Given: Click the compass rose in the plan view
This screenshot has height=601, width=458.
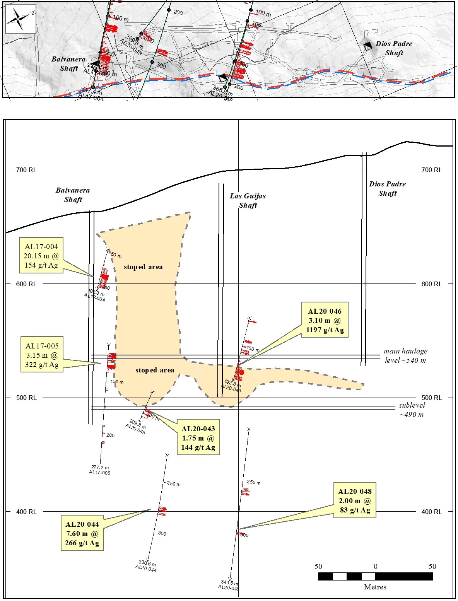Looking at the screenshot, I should click(19, 18).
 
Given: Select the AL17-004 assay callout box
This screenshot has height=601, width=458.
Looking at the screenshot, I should click(41, 256).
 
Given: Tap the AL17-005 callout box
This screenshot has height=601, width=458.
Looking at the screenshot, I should click(42, 355).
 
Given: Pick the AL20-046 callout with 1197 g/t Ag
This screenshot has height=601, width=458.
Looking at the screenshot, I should click(325, 320).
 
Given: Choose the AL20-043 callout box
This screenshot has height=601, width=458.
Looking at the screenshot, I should click(198, 438).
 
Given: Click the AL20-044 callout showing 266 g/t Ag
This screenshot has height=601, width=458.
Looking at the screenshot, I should click(82, 533).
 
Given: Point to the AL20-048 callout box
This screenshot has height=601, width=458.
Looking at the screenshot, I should click(355, 500).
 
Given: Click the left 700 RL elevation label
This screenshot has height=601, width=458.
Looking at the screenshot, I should click(26, 170).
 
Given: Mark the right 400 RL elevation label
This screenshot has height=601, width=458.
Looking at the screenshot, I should click(431, 512).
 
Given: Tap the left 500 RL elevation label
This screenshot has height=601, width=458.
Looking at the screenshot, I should click(26, 398).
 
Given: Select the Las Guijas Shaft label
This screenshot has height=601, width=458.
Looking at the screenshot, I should click(248, 200).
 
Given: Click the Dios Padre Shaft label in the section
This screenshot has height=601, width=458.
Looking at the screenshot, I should click(387, 188).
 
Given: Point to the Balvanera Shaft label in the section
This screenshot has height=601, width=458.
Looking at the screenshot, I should click(73, 195).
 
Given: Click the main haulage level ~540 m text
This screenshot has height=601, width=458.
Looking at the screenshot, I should click(405, 355).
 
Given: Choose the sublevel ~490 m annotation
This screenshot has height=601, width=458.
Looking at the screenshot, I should click(412, 410).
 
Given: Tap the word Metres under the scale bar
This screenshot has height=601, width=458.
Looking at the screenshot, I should click(375, 587).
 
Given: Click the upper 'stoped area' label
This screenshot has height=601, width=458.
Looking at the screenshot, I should click(143, 267).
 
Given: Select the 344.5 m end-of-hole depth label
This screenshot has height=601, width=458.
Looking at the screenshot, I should click(229, 583).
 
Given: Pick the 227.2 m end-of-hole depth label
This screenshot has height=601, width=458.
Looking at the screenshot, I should click(100, 468).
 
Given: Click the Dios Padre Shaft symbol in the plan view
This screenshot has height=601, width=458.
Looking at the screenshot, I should click(368, 46).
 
